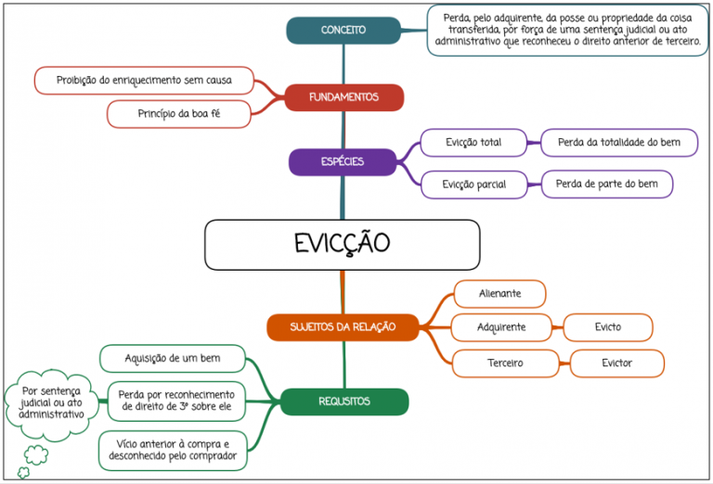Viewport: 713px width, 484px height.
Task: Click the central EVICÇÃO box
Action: coord(342,245)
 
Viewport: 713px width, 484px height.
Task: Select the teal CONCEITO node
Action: coord(344,31)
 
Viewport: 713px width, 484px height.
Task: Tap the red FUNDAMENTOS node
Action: coord(344,97)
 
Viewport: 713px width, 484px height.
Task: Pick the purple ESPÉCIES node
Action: coord(343,161)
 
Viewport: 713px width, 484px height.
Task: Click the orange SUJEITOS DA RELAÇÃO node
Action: coord(343,327)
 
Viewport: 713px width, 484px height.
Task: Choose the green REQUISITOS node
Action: coord(344,401)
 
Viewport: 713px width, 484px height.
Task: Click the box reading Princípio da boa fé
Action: coord(178,114)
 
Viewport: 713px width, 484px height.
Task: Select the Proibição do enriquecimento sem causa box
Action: coord(144,81)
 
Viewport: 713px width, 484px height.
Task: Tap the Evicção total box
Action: coord(473,143)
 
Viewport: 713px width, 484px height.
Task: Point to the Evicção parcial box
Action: coord(474,185)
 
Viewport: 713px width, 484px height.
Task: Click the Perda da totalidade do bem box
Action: coord(619,143)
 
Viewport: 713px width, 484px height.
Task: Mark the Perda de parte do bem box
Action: coord(606,185)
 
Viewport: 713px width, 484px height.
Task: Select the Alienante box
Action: coord(499,294)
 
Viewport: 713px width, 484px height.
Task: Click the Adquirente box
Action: coord(501,327)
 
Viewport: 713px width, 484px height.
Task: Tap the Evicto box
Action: coord(608,327)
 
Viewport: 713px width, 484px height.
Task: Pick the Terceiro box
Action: coord(505,363)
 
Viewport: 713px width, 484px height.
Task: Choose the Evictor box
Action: coord(617,363)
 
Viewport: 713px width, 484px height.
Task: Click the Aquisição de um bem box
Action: coord(173,359)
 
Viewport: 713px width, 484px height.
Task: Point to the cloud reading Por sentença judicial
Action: coord(51,403)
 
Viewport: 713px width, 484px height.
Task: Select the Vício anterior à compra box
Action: coord(173,451)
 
